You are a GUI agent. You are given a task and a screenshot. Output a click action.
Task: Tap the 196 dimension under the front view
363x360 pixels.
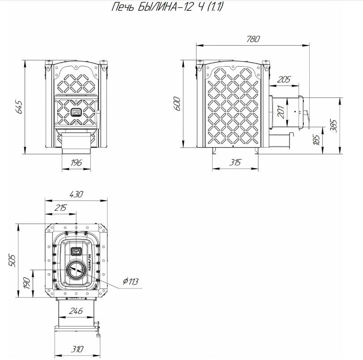tap(76, 162)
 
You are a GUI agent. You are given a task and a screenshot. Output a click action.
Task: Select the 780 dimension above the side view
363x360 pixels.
tap(252, 39)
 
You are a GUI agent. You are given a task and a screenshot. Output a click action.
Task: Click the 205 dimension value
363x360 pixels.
tap(284, 80)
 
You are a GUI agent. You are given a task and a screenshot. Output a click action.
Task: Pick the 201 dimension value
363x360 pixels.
tap(281, 112)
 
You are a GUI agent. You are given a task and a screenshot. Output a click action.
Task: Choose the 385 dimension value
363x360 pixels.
tap(333, 126)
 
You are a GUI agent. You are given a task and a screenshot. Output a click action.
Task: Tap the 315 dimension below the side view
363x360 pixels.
tap(234, 162)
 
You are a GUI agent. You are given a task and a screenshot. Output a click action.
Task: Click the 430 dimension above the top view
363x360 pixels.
tap(76, 195)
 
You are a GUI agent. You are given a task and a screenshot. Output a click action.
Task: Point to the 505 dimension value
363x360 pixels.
tap(12, 260)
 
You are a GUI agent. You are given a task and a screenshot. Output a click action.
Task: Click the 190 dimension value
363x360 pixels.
tap(26, 283)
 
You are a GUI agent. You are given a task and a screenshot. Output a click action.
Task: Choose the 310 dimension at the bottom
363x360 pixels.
tap(76, 348)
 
